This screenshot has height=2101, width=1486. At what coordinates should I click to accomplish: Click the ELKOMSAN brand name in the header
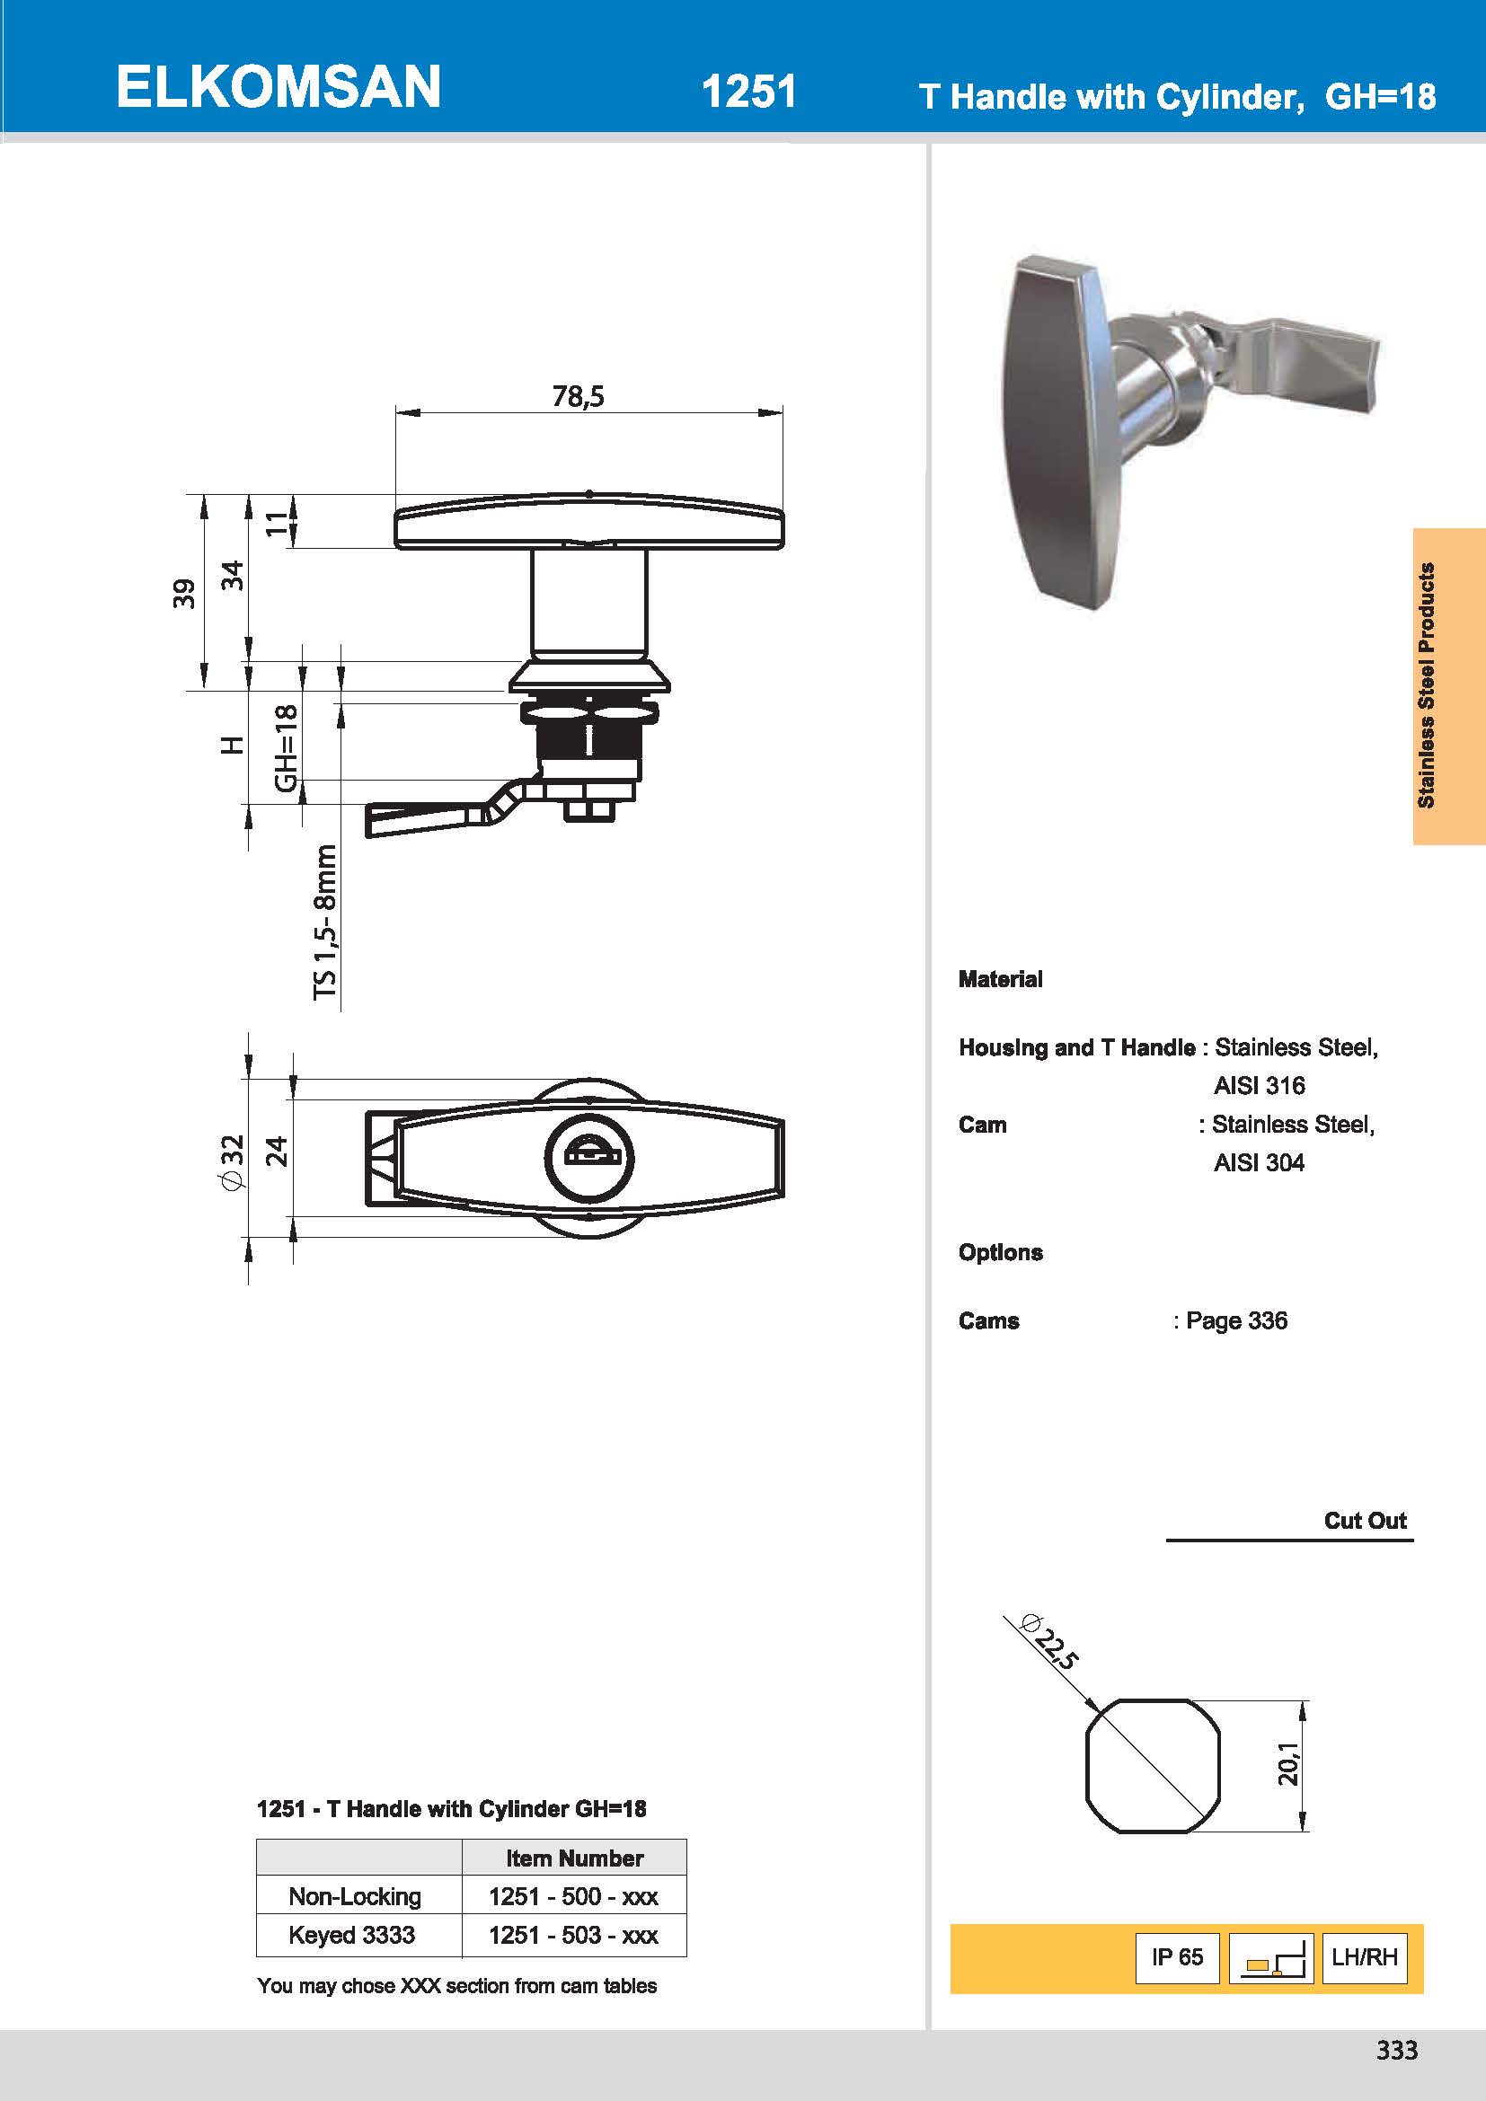click(x=279, y=88)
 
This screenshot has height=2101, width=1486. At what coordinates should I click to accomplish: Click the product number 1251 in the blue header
click(x=748, y=93)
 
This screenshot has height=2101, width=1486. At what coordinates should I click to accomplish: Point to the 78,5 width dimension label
click(x=579, y=396)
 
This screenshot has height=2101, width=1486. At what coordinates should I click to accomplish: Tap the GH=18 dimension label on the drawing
click(x=287, y=747)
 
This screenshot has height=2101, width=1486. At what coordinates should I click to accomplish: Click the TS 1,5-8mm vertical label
click(x=326, y=922)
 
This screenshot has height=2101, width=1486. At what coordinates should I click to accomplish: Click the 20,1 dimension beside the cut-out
click(x=1287, y=1763)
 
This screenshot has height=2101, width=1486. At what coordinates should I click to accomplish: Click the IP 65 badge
click(x=1177, y=1957)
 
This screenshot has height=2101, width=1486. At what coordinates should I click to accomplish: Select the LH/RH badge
click(x=1365, y=1957)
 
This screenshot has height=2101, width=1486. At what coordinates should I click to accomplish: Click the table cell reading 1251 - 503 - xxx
click(x=574, y=1935)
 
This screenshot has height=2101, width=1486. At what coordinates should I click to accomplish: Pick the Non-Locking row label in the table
click(x=355, y=1896)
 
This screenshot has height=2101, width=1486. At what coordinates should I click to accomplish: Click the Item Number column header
click(x=574, y=1858)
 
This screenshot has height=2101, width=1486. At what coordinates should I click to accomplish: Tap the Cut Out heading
click(x=1364, y=1521)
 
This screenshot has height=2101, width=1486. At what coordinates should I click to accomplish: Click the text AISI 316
click(x=1258, y=1085)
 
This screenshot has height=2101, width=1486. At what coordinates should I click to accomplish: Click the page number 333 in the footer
click(x=1396, y=2050)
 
